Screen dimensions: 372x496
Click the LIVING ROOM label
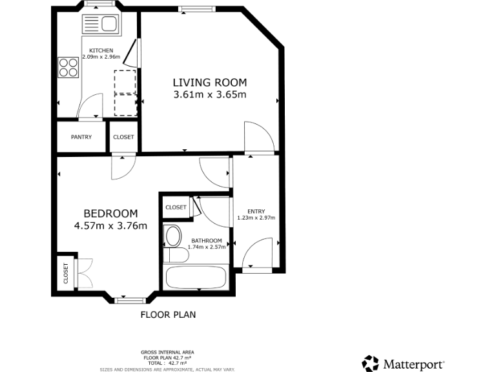[210, 83]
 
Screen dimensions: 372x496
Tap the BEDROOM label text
[110, 214]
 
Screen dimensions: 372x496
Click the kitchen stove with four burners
[68, 67]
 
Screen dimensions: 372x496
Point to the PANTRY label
[81, 137]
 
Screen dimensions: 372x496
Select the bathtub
[196, 278]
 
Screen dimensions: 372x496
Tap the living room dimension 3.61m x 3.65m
[210, 95]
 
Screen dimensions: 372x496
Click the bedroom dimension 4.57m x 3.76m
[110, 226]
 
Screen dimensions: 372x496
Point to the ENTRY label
[256, 211]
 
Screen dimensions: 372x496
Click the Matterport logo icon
[371, 364]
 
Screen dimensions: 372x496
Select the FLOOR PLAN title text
[168, 315]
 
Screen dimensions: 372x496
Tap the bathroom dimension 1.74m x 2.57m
[207, 247]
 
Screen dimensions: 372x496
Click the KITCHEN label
[101, 50]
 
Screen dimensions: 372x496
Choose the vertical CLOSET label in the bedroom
[65, 273]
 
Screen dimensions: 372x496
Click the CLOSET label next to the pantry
[123, 137]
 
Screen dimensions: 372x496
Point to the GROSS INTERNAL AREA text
[168, 352]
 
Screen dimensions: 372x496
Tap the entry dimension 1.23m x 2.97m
[256, 218]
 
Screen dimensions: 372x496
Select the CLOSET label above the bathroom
[176, 207]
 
